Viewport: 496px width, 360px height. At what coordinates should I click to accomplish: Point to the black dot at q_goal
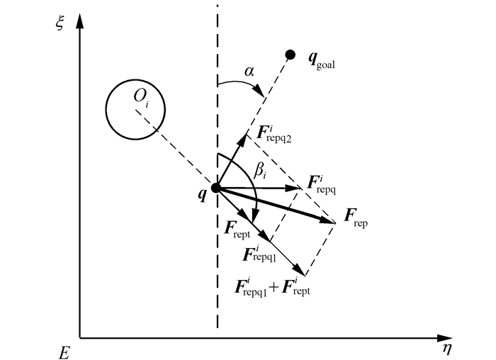tap(290, 55)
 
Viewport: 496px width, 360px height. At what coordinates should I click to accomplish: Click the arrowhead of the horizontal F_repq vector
tap(298, 188)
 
